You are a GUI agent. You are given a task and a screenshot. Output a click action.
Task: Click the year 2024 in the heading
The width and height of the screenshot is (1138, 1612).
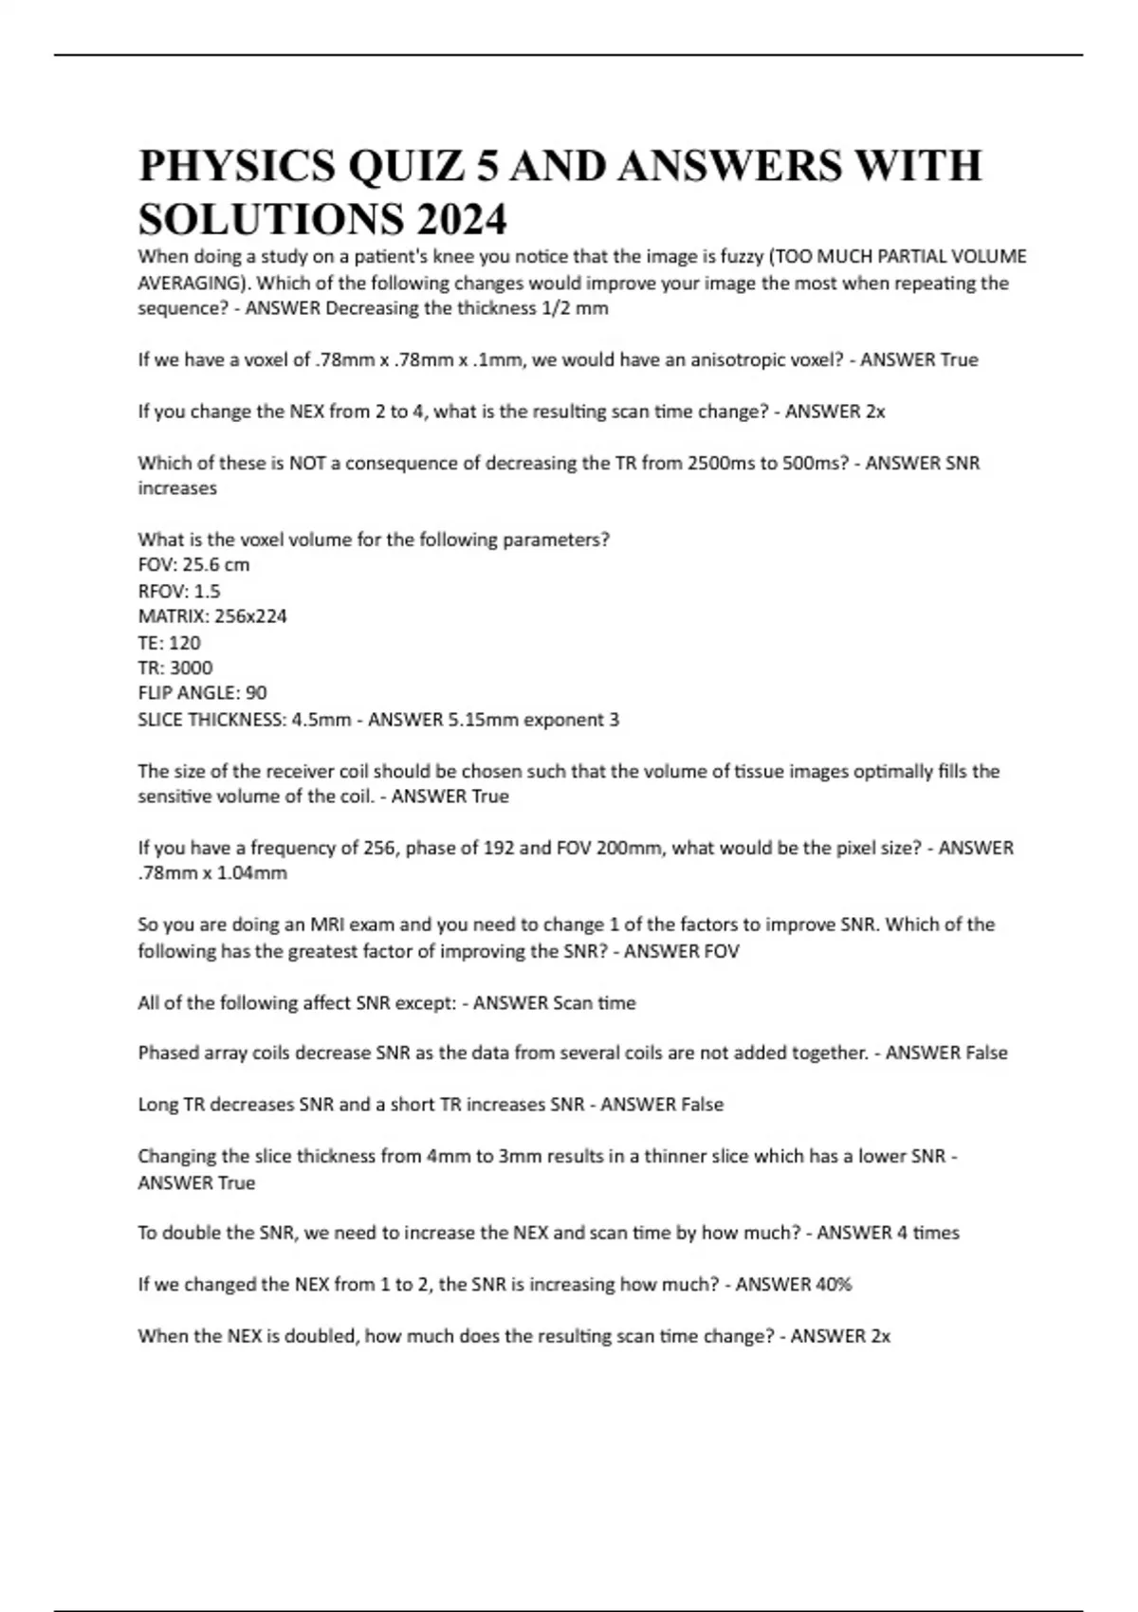point(460,220)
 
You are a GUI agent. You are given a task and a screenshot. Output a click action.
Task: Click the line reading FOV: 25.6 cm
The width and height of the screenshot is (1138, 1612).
point(193,565)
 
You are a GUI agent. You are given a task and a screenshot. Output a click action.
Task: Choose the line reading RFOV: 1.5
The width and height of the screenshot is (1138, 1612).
point(179,591)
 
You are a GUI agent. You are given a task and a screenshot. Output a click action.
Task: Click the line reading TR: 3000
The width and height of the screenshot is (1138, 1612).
point(175,668)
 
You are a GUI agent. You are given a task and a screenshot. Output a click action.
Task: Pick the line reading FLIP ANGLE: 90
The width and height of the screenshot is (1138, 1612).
point(202,693)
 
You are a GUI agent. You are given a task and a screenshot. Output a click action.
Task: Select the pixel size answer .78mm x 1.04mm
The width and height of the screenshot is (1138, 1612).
point(212,873)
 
